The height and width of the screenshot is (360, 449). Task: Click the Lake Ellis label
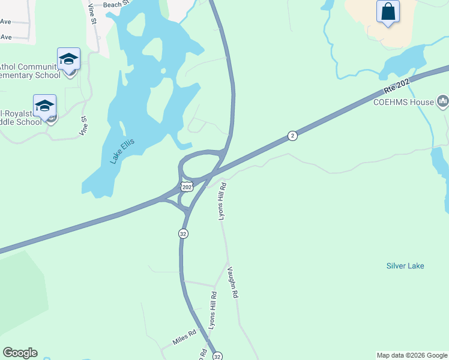point(122,151)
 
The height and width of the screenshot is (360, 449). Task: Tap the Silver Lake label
point(405,266)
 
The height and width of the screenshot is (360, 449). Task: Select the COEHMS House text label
point(403,102)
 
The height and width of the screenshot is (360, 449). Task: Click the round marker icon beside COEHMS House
point(443,101)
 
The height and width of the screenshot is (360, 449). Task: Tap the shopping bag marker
point(388,11)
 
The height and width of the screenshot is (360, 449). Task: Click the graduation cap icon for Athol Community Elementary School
point(68,59)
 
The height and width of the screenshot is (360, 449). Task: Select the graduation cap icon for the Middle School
point(44,106)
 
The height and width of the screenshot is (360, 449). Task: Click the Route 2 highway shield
point(292,136)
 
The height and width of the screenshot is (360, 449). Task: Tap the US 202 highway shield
point(187,187)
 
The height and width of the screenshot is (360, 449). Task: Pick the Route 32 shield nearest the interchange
point(182,233)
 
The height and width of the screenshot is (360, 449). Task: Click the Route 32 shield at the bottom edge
point(218,356)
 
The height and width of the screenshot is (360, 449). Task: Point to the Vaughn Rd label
point(233,283)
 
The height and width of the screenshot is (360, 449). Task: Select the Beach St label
point(116,4)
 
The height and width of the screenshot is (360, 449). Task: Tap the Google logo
point(20,353)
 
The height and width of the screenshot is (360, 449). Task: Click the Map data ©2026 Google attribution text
point(412,355)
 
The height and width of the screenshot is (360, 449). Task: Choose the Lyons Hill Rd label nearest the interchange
point(221,200)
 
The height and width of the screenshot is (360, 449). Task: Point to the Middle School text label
point(20,117)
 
